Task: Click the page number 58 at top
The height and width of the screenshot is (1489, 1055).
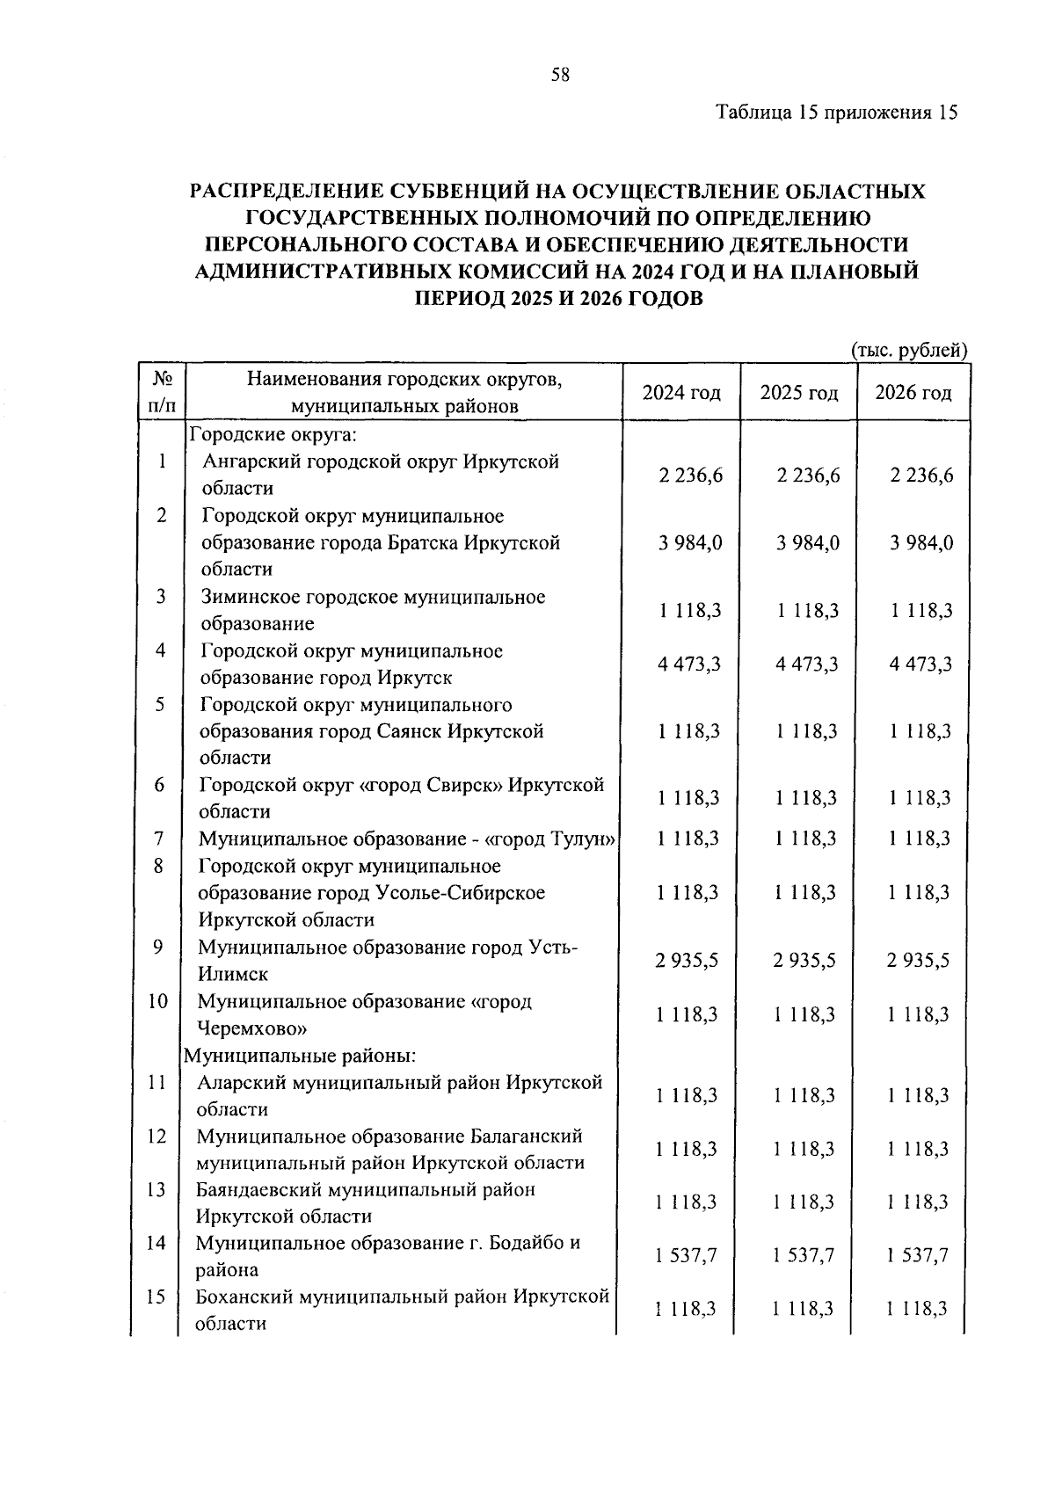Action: [560, 75]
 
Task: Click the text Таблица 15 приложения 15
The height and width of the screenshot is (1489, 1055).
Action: [836, 113]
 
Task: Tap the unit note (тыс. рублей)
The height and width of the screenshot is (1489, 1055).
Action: [909, 350]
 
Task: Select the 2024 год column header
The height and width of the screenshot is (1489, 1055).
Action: [681, 392]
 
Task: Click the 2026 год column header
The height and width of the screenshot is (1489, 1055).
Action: [913, 392]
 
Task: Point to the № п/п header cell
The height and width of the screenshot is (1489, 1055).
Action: [163, 392]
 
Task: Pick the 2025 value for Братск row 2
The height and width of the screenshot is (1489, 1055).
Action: [808, 543]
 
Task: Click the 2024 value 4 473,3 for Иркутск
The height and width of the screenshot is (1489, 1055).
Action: [689, 665]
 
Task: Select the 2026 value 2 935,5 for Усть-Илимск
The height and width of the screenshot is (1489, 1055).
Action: [918, 961]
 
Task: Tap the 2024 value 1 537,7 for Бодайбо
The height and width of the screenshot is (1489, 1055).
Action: [686, 1256]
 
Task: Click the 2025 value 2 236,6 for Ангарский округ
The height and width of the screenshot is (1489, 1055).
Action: [808, 476]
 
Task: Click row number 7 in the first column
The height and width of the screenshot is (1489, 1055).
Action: [159, 839]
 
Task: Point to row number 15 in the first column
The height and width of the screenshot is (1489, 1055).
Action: [156, 1297]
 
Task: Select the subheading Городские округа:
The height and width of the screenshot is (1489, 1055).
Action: [273, 435]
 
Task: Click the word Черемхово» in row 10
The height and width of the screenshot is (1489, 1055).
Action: [251, 1028]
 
